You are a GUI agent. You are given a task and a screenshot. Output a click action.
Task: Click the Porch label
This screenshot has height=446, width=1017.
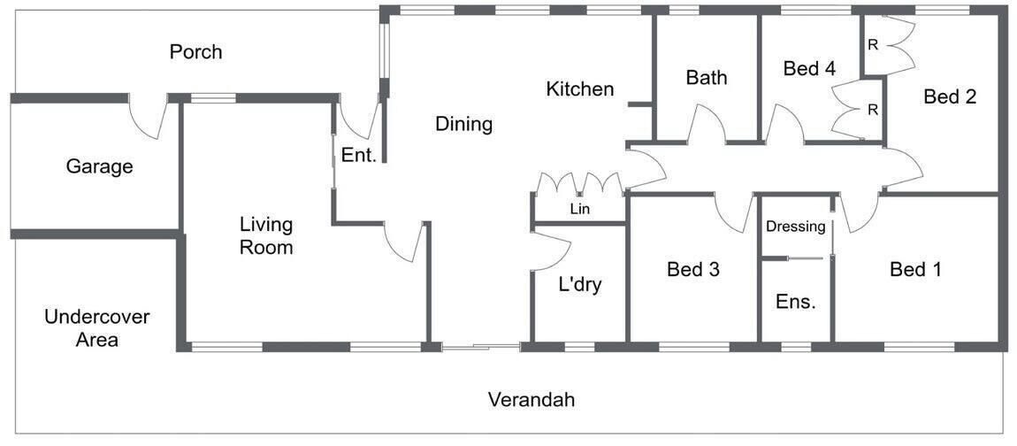point(195,51)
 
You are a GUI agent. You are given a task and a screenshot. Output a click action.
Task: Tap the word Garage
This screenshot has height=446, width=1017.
point(99,167)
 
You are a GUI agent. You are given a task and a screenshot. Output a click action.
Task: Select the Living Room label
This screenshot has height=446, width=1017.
point(266,236)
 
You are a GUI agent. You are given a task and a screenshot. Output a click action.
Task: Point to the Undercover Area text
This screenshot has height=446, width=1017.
point(97,327)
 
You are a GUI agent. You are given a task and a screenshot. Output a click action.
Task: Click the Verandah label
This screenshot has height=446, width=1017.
point(531,399)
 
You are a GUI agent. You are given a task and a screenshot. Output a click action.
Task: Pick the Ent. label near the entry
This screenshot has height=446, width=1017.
point(359,155)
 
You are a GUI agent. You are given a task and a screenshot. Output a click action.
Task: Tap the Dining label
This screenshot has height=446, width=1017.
point(464,124)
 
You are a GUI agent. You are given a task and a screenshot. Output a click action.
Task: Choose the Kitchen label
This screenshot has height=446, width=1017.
point(580,88)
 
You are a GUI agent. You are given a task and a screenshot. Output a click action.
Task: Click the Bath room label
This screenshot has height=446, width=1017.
point(707,78)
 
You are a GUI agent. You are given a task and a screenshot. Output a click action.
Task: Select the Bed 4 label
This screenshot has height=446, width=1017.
point(809,68)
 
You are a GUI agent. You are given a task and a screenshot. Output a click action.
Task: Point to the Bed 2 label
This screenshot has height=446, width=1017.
point(950,96)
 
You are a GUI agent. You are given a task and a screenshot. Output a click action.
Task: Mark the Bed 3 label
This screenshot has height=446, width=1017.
point(693,269)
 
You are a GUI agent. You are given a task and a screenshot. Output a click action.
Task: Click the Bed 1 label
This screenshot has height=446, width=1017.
point(916,269)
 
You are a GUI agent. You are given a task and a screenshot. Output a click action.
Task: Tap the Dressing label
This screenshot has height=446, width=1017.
point(796,227)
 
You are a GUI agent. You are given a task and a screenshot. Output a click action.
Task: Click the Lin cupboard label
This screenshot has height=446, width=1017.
point(579,209)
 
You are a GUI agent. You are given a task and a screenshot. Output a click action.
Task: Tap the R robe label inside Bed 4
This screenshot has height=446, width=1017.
point(873,110)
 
